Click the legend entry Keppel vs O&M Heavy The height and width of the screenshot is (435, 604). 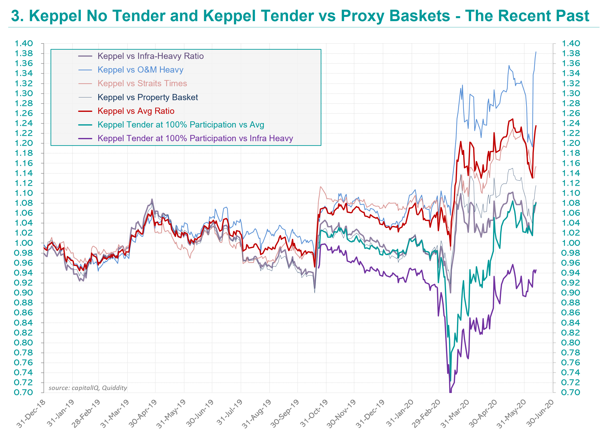(x=140, y=70)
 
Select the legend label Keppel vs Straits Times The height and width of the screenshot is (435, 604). (x=142, y=84)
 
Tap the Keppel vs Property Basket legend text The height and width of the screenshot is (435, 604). (x=148, y=97)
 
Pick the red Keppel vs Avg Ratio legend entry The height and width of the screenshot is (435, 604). (x=136, y=111)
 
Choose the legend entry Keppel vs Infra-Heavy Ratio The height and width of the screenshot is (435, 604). (x=151, y=56)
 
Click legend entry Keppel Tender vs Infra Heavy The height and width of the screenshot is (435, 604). (x=195, y=138)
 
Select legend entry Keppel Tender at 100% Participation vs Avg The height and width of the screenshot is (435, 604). (x=181, y=125)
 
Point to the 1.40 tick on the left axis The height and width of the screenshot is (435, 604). (x=24, y=43)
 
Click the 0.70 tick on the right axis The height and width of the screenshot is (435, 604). (x=570, y=392)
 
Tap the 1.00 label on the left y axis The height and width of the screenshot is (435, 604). (x=24, y=243)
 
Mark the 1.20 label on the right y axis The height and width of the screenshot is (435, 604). (x=570, y=143)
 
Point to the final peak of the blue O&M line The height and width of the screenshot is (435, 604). (x=536, y=52)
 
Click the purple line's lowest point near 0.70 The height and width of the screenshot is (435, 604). (x=450, y=392)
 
